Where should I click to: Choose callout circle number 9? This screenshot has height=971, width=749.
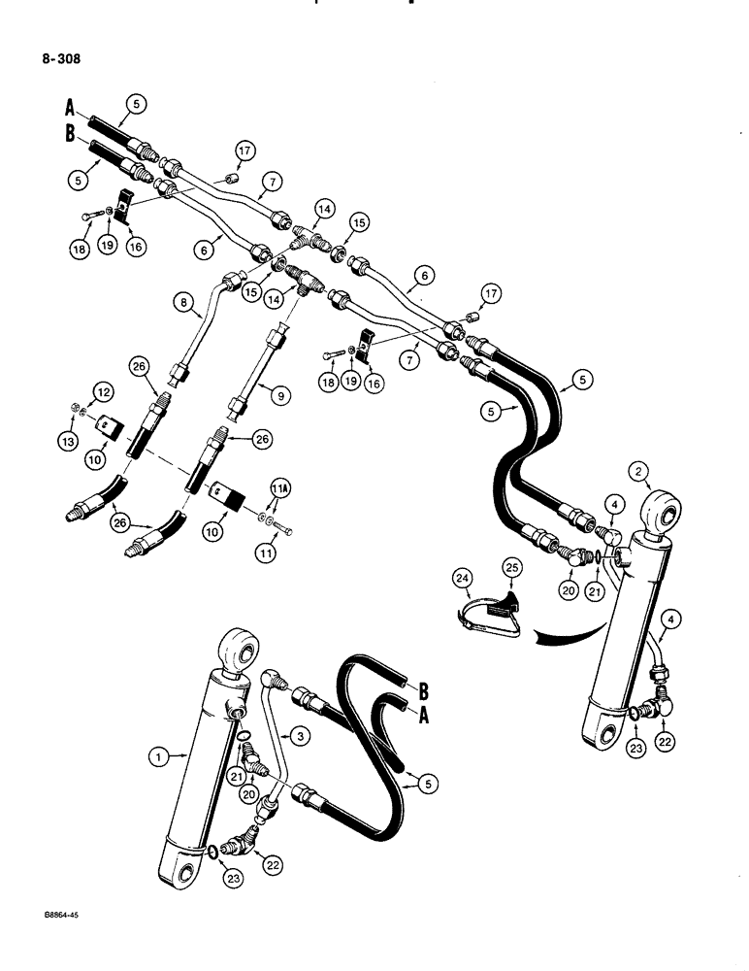coord(280,395)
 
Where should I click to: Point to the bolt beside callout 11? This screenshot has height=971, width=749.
coord(283,530)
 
